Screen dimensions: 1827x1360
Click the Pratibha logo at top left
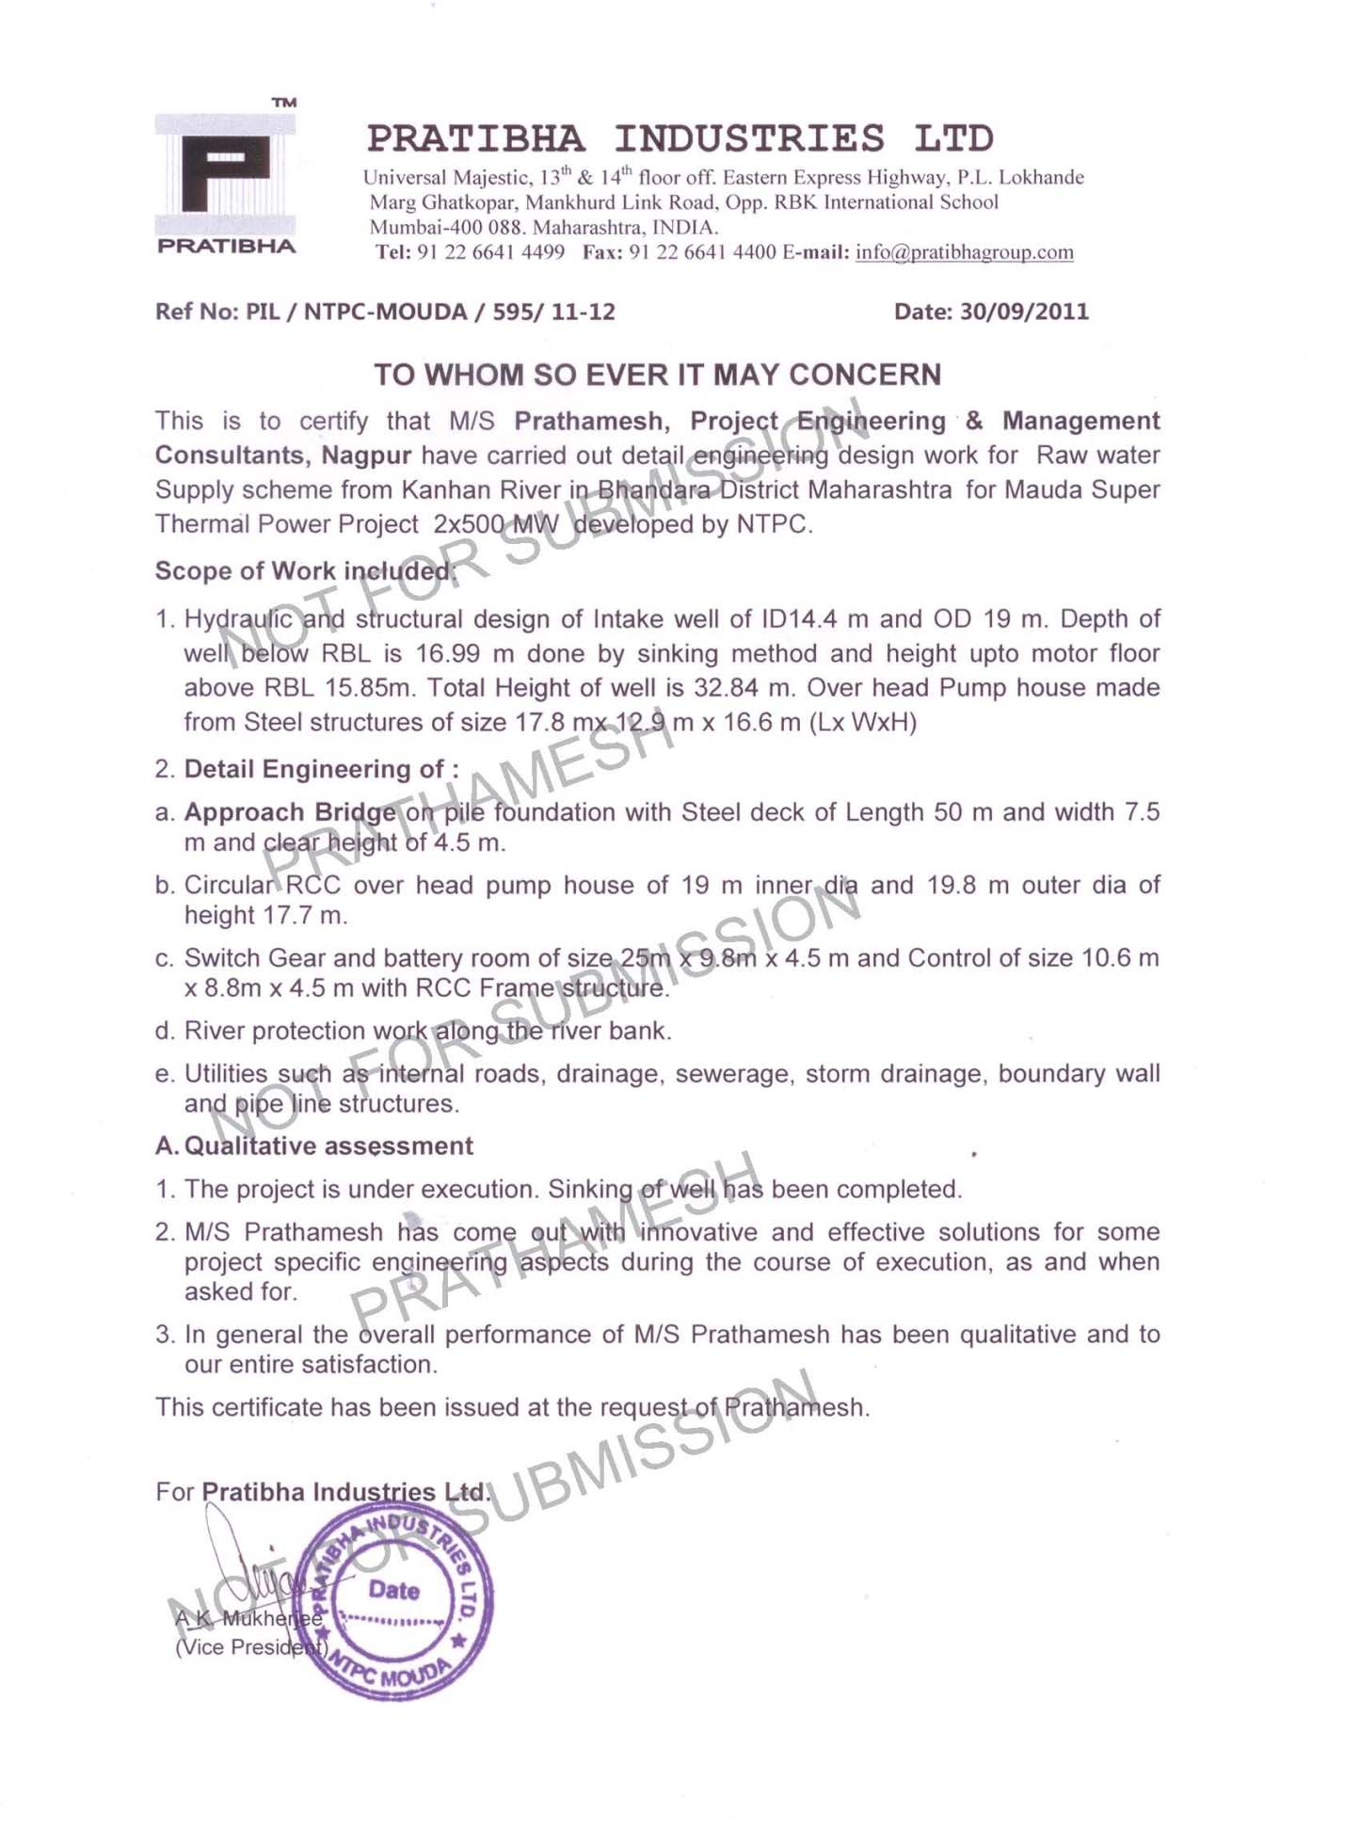[x=226, y=177]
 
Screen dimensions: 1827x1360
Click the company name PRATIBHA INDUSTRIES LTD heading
[x=680, y=138]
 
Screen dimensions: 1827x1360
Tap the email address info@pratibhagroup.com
[x=964, y=252]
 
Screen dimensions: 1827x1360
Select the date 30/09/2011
[x=1024, y=312]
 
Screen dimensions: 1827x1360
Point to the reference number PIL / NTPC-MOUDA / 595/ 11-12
[x=430, y=312]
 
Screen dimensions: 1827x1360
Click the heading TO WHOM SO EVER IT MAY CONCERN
[x=657, y=375]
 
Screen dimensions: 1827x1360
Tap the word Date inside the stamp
[x=393, y=1590]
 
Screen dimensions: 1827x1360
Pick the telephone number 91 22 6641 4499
[x=490, y=252]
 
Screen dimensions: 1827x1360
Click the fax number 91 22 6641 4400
[x=702, y=252]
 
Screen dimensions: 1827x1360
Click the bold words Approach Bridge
[x=290, y=811]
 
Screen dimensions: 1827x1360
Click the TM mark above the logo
[x=284, y=102]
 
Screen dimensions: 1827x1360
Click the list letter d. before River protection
[x=165, y=1031]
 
